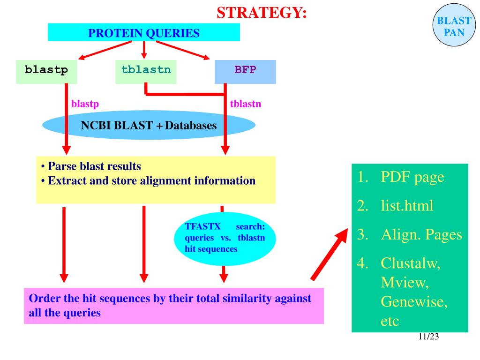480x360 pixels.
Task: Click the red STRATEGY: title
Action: pos(262,13)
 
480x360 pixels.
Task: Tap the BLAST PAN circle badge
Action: pos(454,25)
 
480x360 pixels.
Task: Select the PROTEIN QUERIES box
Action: pos(144,32)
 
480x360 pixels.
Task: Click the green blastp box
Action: pos(46,72)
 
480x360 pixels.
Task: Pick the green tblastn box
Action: pos(146,72)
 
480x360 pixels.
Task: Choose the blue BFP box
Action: pos(245,72)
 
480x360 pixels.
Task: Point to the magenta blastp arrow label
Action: pos(85,104)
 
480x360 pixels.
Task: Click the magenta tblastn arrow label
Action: pos(246,104)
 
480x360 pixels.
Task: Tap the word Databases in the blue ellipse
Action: pos(191,126)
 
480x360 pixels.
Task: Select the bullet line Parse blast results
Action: pos(91,166)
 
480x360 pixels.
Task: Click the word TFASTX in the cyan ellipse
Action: pos(202,226)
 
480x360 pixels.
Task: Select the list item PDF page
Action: pos(401,177)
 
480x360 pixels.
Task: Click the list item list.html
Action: pos(395,206)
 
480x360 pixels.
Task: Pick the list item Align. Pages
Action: pos(410,235)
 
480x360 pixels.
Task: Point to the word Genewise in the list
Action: pos(414,302)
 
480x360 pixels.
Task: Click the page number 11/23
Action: pos(428,337)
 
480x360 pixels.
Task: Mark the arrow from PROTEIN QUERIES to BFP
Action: pos(183,50)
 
